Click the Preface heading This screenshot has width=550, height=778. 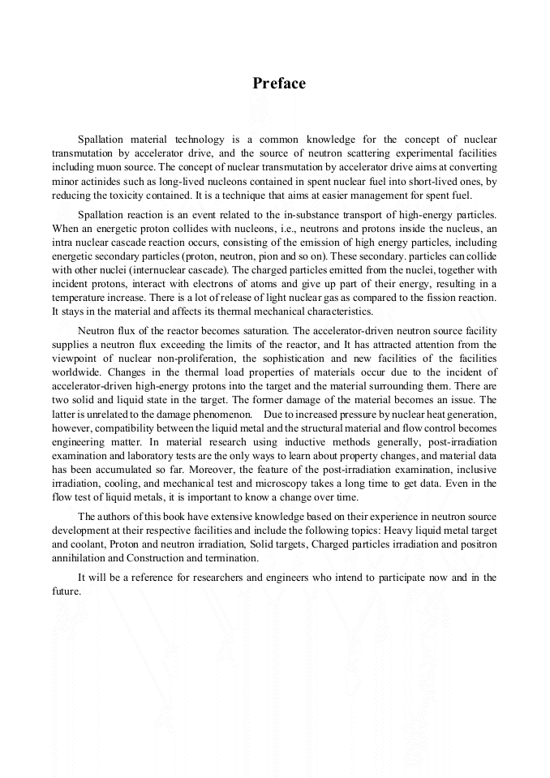[278, 84]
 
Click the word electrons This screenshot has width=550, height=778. [209, 284]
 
